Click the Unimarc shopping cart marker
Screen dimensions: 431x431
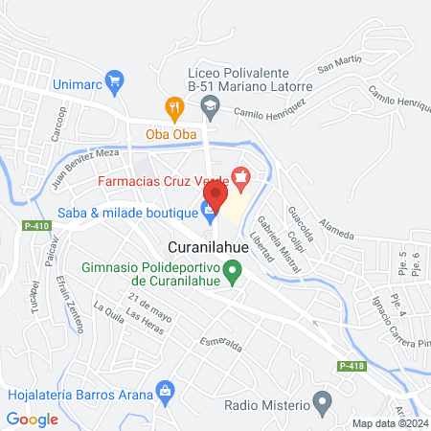115,81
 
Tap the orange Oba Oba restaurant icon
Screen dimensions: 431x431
173,107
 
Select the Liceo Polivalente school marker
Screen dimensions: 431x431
210,109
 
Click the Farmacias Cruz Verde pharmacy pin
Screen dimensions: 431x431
240,178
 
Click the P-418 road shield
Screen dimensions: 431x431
352,365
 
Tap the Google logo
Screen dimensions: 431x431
33,419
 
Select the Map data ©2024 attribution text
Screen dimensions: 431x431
389,423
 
